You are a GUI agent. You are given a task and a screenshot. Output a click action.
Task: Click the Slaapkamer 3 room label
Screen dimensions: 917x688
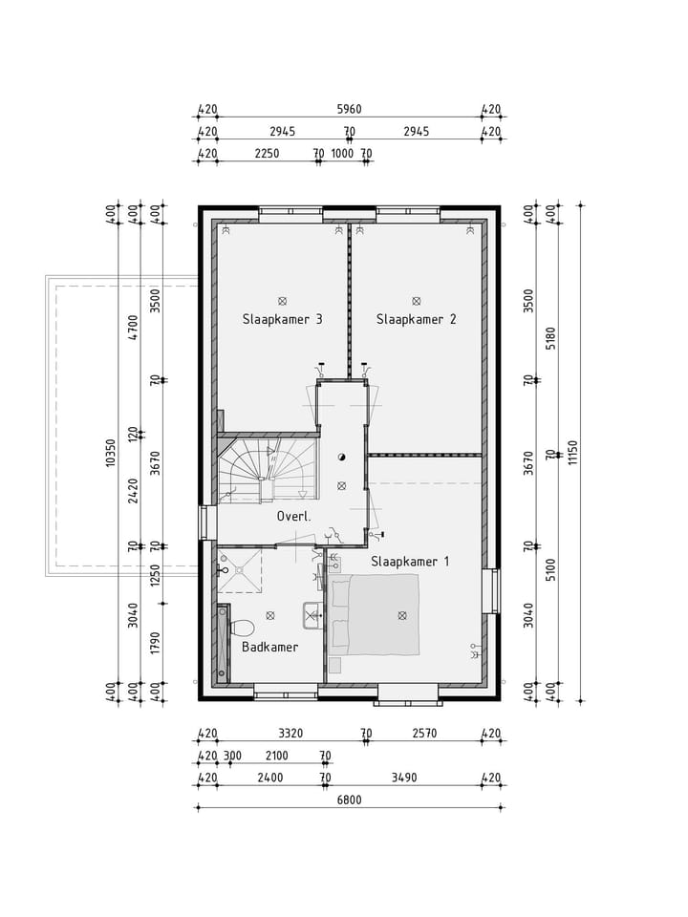pyautogui.click(x=281, y=319)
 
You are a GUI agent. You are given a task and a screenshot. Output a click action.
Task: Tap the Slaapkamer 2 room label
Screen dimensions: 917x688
pyautogui.click(x=416, y=319)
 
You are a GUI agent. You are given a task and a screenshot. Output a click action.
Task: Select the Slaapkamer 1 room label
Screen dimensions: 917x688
pyautogui.click(x=410, y=562)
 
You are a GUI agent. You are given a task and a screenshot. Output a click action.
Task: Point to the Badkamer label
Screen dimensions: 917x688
pyautogui.click(x=269, y=647)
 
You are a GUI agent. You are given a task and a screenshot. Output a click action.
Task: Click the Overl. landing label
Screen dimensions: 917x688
pyautogui.click(x=294, y=517)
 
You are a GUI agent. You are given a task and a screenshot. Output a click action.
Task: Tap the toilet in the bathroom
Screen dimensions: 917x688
pyautogui.click(x=241, y=628)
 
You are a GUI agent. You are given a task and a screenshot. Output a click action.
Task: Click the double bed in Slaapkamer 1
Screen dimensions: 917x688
pyautogui.click(x=375, y=615)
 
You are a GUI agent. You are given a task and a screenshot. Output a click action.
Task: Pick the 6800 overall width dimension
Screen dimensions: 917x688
pyautogui.click(x=349, y=800)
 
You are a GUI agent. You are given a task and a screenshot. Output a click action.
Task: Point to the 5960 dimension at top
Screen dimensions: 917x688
pyautogui.click(x=349, y=110)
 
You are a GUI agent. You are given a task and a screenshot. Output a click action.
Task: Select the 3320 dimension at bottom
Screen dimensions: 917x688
pyautogui.click(x=290, y=735)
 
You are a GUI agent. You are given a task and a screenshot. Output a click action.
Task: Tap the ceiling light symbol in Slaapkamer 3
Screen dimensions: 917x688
pyautogui.click(x=282, y=300)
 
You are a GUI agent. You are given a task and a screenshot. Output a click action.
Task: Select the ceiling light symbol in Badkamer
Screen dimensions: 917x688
pyautogui.click(x=270, y=615)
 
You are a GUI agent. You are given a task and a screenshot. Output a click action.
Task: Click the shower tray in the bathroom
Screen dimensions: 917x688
pyautogui.click(x=239, y=570)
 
